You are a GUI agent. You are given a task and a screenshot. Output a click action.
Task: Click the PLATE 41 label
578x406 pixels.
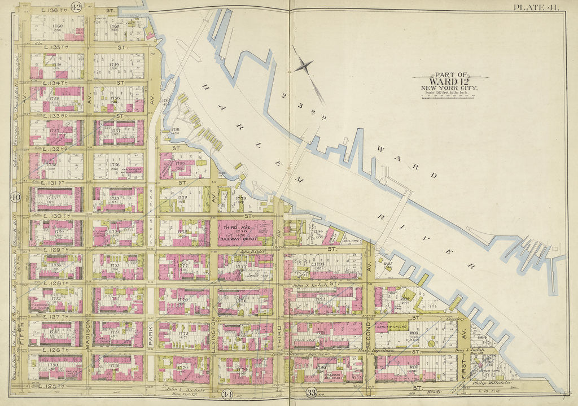(x=537, y=7)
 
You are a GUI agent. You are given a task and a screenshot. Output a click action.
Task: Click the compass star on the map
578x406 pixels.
(x=303, y=66)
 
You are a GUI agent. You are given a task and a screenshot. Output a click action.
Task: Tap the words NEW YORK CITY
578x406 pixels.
(x=449, y=88)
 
